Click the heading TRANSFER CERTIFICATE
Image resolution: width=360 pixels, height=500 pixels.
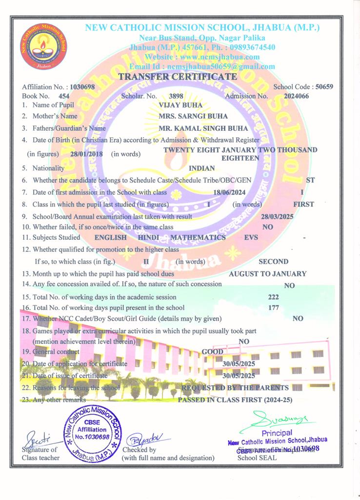tap(178, 77)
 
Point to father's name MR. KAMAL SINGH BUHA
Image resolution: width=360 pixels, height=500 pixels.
tap(203, 128)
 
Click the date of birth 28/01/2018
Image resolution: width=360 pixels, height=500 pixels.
tap(83, 154)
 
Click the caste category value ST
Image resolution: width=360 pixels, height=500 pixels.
tap(310, 180)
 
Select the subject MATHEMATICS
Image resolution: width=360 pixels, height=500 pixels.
tap(198, 237)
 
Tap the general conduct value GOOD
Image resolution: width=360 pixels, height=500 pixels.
tap(213, 352)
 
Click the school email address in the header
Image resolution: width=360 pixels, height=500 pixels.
tap(202, 66)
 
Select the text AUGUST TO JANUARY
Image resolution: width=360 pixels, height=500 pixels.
tap(268, 274)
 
